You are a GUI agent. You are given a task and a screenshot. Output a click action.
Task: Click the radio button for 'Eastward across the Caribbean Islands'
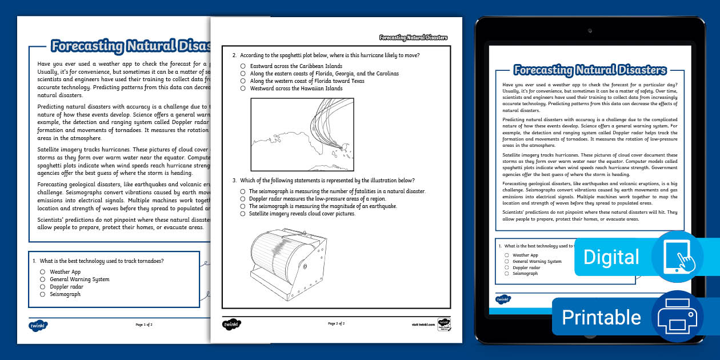[243, 66]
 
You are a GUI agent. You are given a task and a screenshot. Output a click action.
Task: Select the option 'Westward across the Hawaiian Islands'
[243, 89]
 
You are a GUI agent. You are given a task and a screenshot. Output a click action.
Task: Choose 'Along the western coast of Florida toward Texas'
[243, 81]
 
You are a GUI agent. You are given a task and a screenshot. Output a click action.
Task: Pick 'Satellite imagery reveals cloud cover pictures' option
[243, 214]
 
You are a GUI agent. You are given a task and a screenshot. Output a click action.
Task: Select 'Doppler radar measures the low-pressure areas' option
[243, 199]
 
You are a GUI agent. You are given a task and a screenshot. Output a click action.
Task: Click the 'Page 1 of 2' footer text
[144, 325]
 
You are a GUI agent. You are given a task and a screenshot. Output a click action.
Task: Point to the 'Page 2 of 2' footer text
[336, 323]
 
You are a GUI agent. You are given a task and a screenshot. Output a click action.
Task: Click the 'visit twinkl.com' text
[423, 325]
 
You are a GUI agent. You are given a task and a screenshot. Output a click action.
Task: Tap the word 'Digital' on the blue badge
[611, 257]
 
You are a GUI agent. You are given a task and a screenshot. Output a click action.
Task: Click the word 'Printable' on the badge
[601, 317]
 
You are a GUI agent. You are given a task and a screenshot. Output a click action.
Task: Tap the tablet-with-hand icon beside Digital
[677, 257]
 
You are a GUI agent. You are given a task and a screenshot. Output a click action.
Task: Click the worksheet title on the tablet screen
[590, 70]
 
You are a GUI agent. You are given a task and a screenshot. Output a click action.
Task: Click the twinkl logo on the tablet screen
[503, 299]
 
